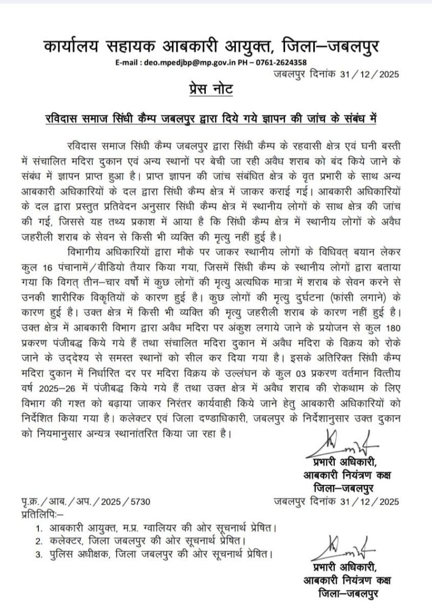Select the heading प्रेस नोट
211,89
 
